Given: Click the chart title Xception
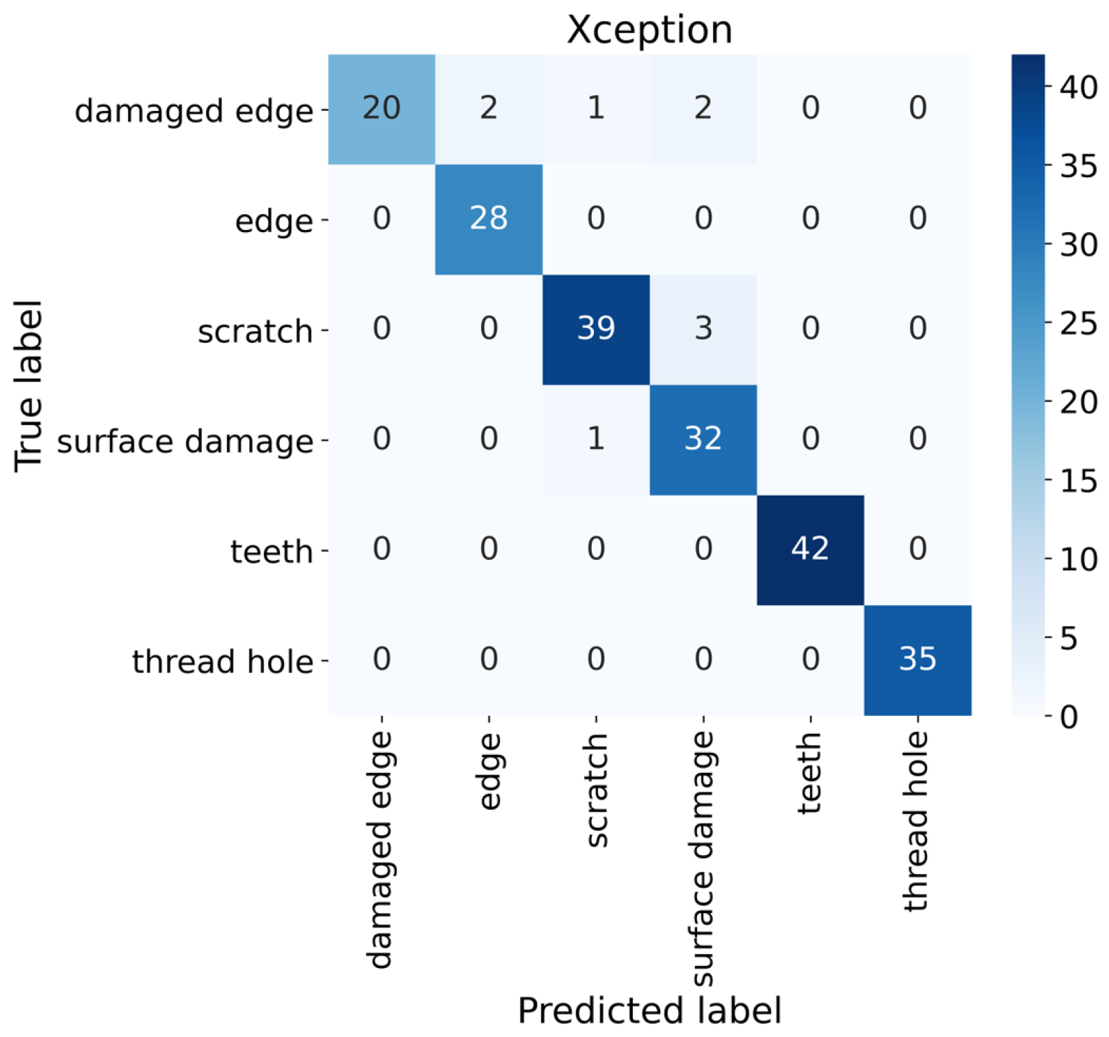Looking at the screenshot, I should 649,30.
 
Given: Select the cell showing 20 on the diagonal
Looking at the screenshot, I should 381,108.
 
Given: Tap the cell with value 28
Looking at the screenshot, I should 488,218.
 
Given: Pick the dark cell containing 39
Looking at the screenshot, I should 595,329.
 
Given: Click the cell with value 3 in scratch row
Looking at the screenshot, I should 703,329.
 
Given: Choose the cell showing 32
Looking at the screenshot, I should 703,439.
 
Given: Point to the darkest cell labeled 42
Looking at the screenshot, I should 810,549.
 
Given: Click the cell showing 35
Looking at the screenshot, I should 917,659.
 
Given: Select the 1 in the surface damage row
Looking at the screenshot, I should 595,439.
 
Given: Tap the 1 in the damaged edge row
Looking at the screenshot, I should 595,108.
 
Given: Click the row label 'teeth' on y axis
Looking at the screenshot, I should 272,552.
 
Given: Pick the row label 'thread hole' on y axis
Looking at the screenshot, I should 222,662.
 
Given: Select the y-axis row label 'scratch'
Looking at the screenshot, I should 255,332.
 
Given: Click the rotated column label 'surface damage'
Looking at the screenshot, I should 703,859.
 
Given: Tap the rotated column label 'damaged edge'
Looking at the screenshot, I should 381,849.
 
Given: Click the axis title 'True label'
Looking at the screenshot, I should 29,385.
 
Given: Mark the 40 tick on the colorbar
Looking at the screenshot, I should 1077,87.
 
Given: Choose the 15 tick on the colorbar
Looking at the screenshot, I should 1077,481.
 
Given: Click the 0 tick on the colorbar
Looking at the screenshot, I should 1069,717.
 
